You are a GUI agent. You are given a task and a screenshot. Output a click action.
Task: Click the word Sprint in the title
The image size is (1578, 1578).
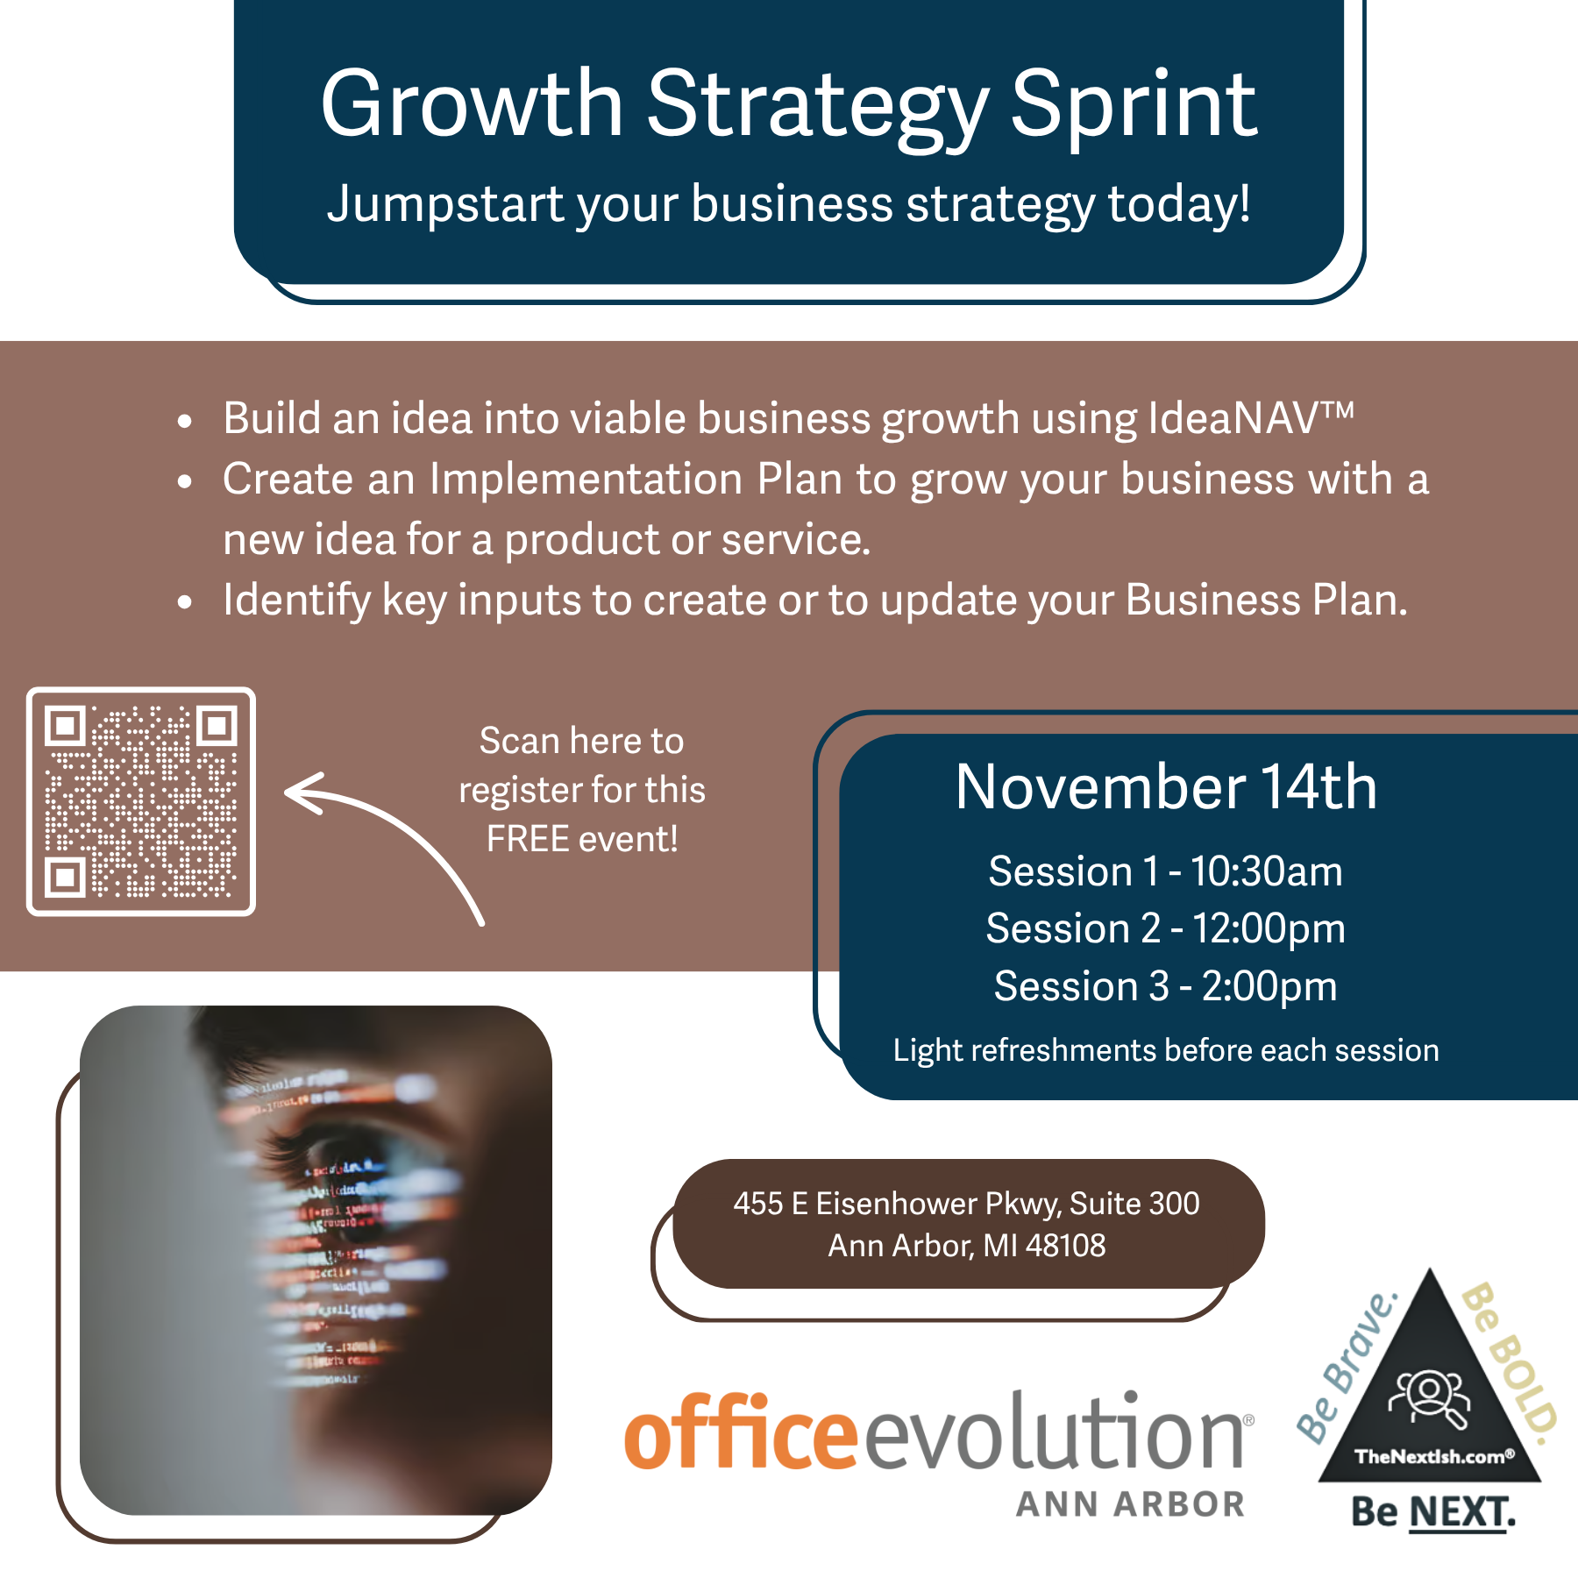1134,107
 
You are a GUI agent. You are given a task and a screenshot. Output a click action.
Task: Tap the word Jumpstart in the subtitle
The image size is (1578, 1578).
445,205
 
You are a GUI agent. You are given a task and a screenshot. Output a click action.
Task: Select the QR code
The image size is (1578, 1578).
141,801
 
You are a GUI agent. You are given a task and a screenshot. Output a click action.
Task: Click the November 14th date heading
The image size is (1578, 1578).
1166,786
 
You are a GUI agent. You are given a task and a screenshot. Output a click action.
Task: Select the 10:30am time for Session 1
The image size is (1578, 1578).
1266,871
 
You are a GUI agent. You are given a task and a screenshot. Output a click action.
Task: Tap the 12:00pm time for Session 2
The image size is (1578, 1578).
1269,928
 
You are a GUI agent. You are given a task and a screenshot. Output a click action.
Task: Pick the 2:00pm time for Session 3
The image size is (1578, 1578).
1269,986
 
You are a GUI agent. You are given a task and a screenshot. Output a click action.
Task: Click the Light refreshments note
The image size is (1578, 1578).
1166,1050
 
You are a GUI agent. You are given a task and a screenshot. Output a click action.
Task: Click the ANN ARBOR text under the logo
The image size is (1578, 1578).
1131,1504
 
